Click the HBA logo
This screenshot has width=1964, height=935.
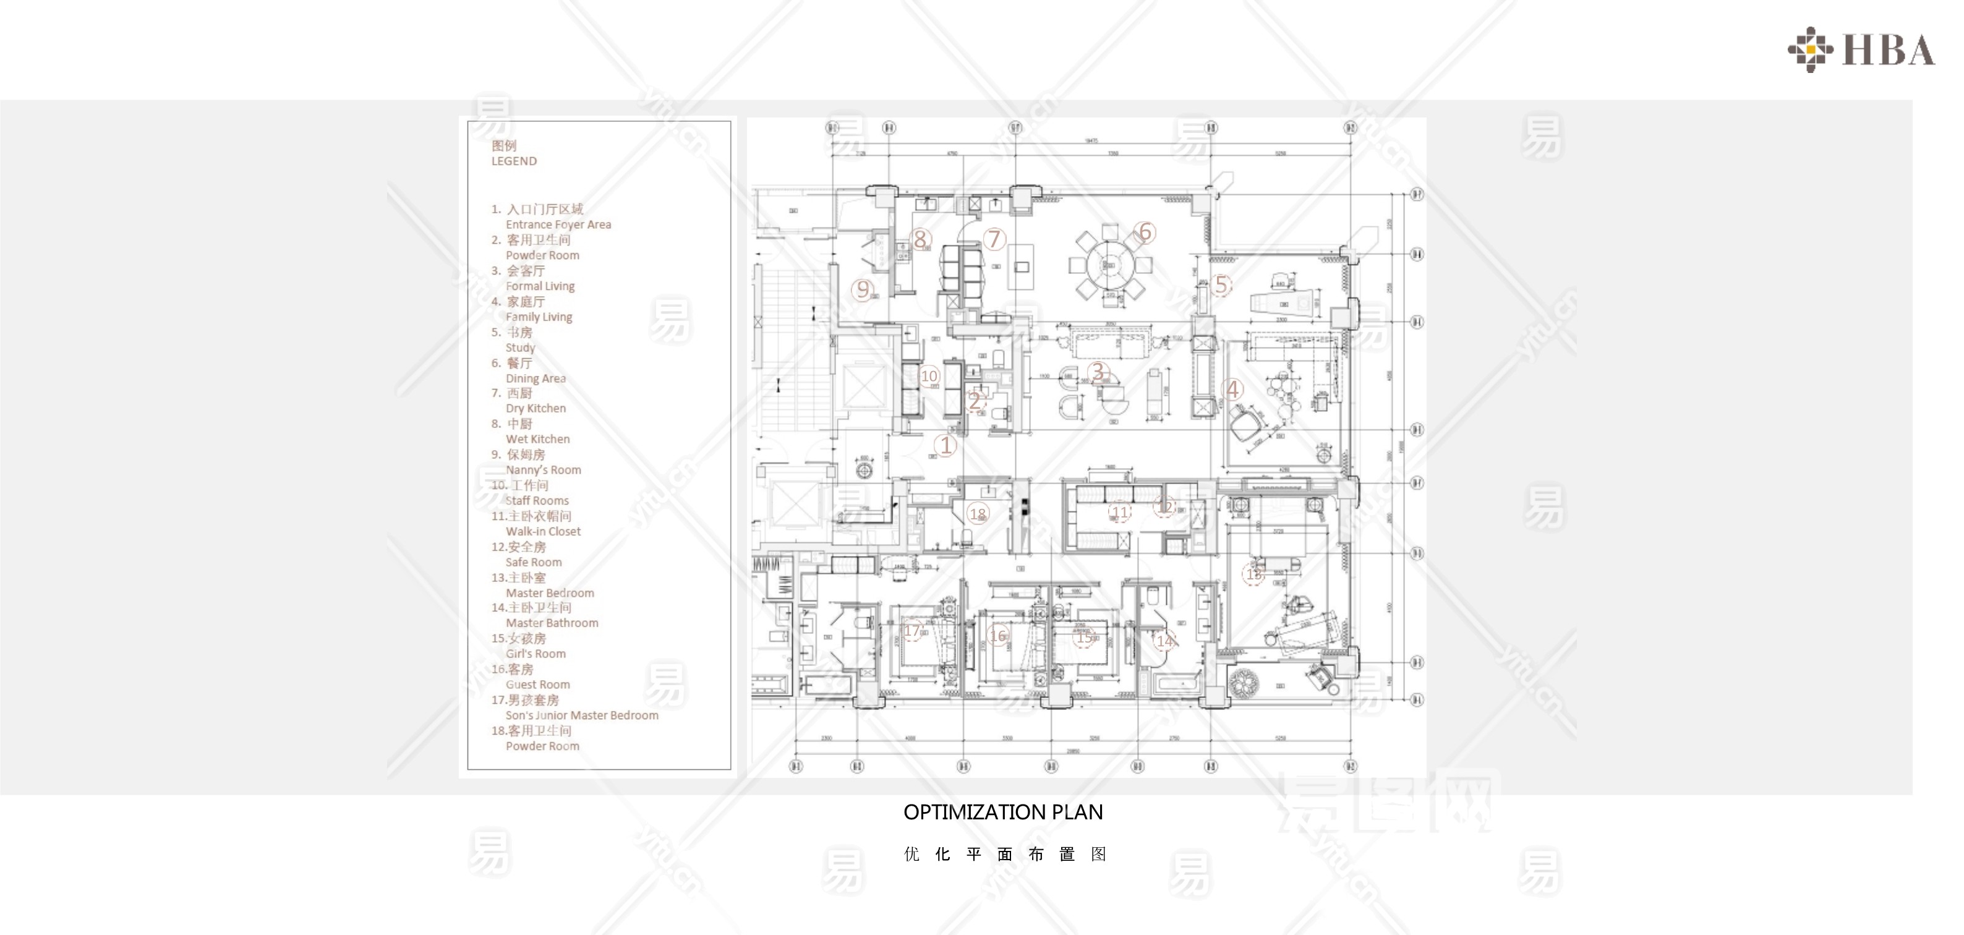tap(1861, 50)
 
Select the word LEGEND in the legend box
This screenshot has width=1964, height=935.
tap(514, 161)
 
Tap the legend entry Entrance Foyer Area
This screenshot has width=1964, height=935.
tap(558, 224)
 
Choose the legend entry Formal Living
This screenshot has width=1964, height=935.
tap(540, 286)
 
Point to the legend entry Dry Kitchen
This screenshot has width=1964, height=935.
tap(536, 408)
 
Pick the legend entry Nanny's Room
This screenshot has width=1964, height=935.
tap(543, 470)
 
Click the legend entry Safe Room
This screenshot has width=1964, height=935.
tap(534, 562)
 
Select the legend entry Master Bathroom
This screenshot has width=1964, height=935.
tap(552, 623)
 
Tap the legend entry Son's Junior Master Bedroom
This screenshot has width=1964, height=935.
tap(582, 715)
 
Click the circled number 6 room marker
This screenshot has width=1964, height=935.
tap(1145, 232)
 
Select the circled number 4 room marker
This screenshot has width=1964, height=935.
tap(1233, 390)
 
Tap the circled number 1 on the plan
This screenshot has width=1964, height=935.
tap(946, 445)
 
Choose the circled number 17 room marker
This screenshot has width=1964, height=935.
tap(913, 631)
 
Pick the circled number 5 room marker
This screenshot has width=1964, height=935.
tap(1221, 285)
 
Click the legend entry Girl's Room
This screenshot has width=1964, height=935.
tap(536, 654)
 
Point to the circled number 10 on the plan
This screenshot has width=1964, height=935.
tap(929, 376)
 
